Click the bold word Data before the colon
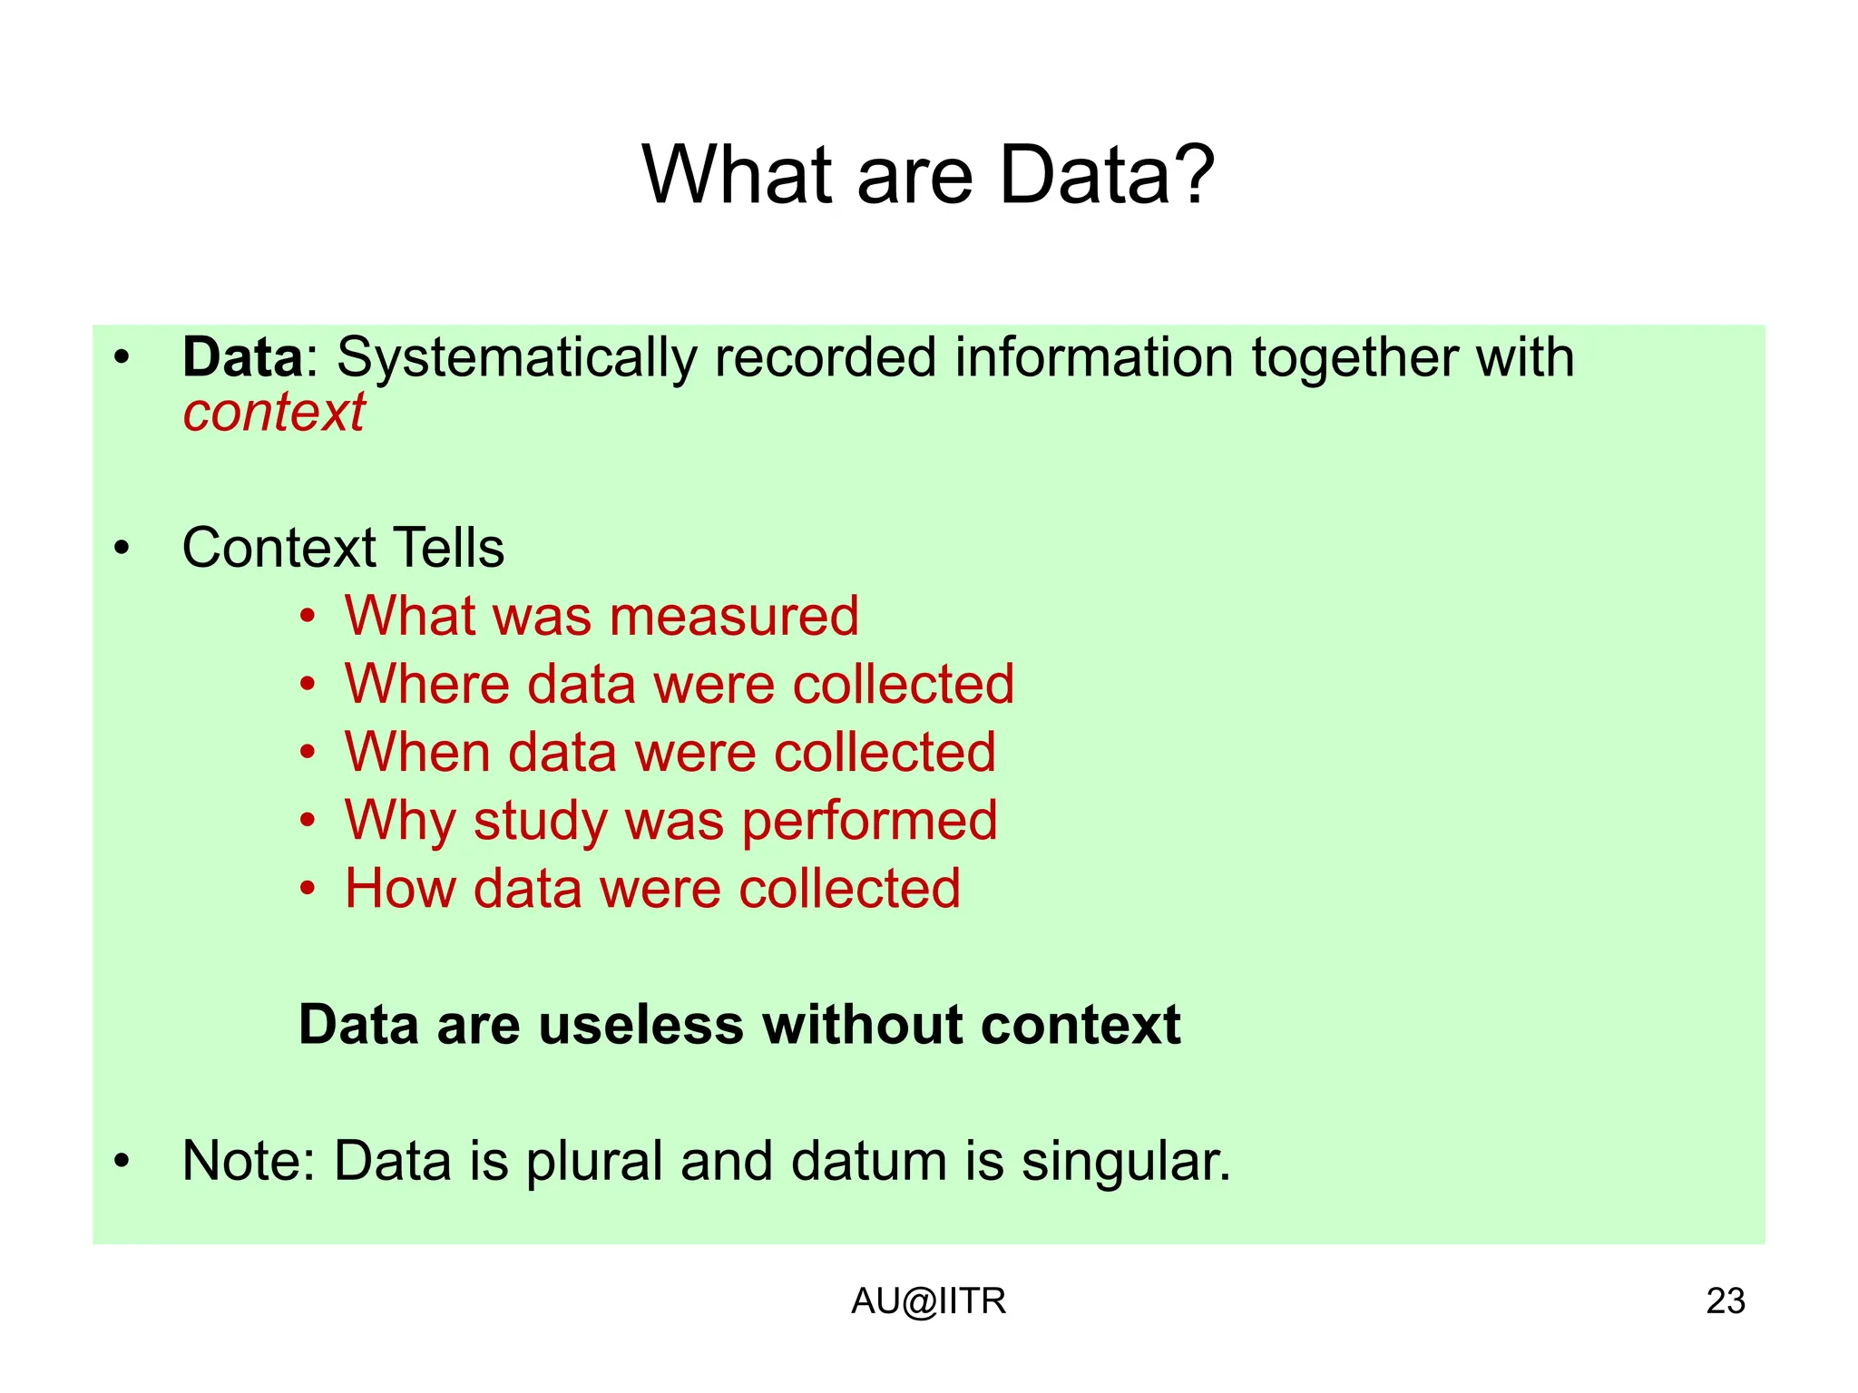[x=242, y=357]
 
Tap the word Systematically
[x=516, y=359]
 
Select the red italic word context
[x=274, y=413]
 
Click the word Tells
[x=448, y=548]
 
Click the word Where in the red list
[x=426, y=684]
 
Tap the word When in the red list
[x=417, y=752]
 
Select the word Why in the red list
[x=399, y=822]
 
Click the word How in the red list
[x=400, y=888]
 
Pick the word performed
[x=869, y=822]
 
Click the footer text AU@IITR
[x=928, y=1301]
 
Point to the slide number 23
[x=1725, y=1301]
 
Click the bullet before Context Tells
[x=122, y=549]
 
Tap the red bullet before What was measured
[x=308, y=618]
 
